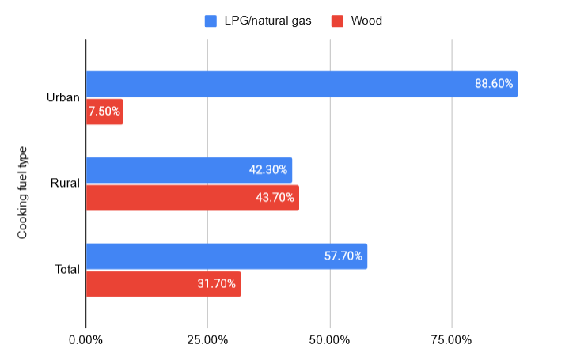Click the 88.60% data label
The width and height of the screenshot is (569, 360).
coord(495,84)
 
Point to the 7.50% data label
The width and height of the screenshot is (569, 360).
coord(104,112)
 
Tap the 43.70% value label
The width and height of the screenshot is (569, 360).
coord(276,198)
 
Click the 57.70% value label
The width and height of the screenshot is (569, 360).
coord(343,256)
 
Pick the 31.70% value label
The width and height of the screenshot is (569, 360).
coord(217,284)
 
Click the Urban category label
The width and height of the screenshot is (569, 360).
coord(63,98)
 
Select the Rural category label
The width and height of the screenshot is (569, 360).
coord(65,184)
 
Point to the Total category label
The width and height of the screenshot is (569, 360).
coord(66,270)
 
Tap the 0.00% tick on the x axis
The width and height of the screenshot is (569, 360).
coord(85,340)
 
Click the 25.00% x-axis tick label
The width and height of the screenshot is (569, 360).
coord(207,340)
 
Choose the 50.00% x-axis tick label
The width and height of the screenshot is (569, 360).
coord(329,340)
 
